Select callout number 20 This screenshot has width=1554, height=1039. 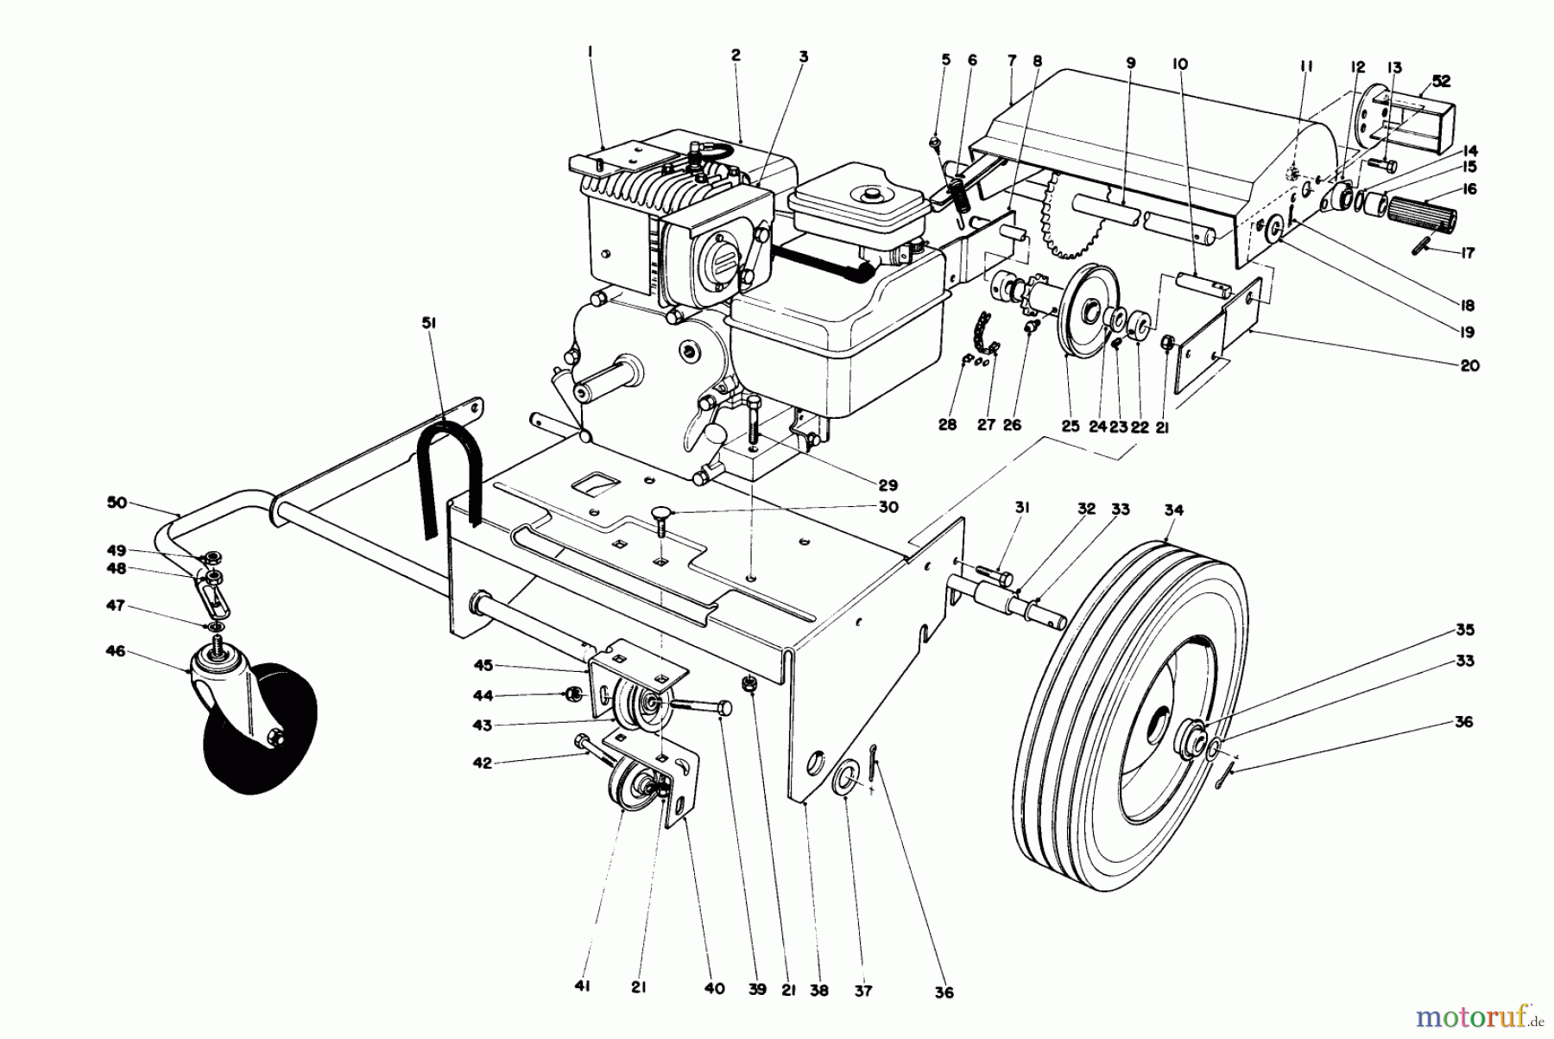[x=1470, y=365]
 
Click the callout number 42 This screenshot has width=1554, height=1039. [x=505, y=763]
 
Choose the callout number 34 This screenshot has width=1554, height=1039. [x=1172, y=510]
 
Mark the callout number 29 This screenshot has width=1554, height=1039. [x=888, y=485]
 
